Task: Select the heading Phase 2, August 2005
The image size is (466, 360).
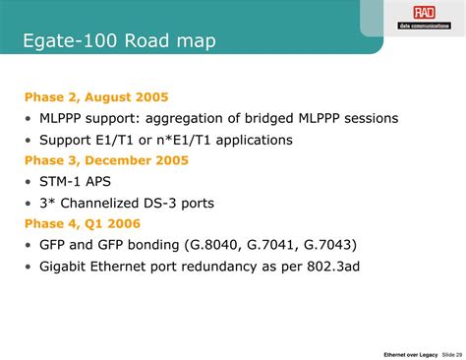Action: (x=96, y=96)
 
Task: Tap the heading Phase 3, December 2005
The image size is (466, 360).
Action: (x=106, y=159)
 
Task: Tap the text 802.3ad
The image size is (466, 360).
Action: (x=363, y=266)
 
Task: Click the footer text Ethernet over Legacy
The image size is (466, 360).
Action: (x=410, y=353)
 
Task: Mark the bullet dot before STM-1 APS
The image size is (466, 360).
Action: (x=29, y=181)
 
